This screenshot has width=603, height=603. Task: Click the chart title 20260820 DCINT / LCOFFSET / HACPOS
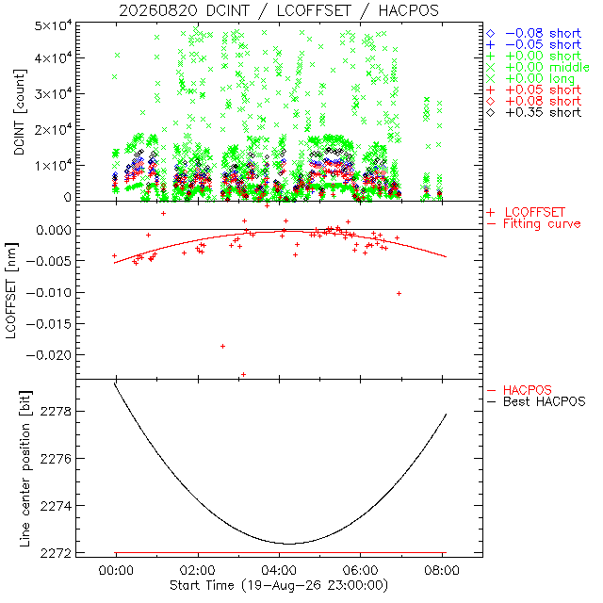[x=279, y=10]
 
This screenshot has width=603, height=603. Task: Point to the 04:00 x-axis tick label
[x=279, y=570]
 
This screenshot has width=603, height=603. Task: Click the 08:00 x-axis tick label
[x=442, y=570]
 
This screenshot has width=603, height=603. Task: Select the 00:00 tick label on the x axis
[x=116, y=570]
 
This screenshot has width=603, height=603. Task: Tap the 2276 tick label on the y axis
[x=56, y=459]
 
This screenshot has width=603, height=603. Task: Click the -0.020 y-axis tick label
[x=49, y=355]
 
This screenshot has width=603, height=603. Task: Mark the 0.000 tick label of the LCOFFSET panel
[x=54, y=230]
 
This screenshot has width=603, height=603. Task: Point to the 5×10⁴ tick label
[x=53, y=27]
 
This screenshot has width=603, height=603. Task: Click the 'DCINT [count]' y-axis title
[x=19, y=112]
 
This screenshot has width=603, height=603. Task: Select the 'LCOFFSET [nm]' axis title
[x=11, y=291]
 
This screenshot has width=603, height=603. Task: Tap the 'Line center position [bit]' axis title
[x=25, y=469]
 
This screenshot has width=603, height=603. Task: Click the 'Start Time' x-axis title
[x=279, y=586]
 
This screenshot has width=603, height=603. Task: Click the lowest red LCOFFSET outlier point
[x=243, y=374]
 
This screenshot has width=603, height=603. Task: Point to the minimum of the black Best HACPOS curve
[x=288, y=544]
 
